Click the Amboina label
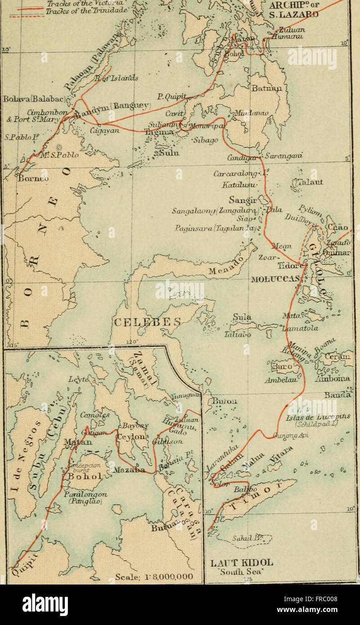333,379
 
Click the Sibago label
207,140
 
